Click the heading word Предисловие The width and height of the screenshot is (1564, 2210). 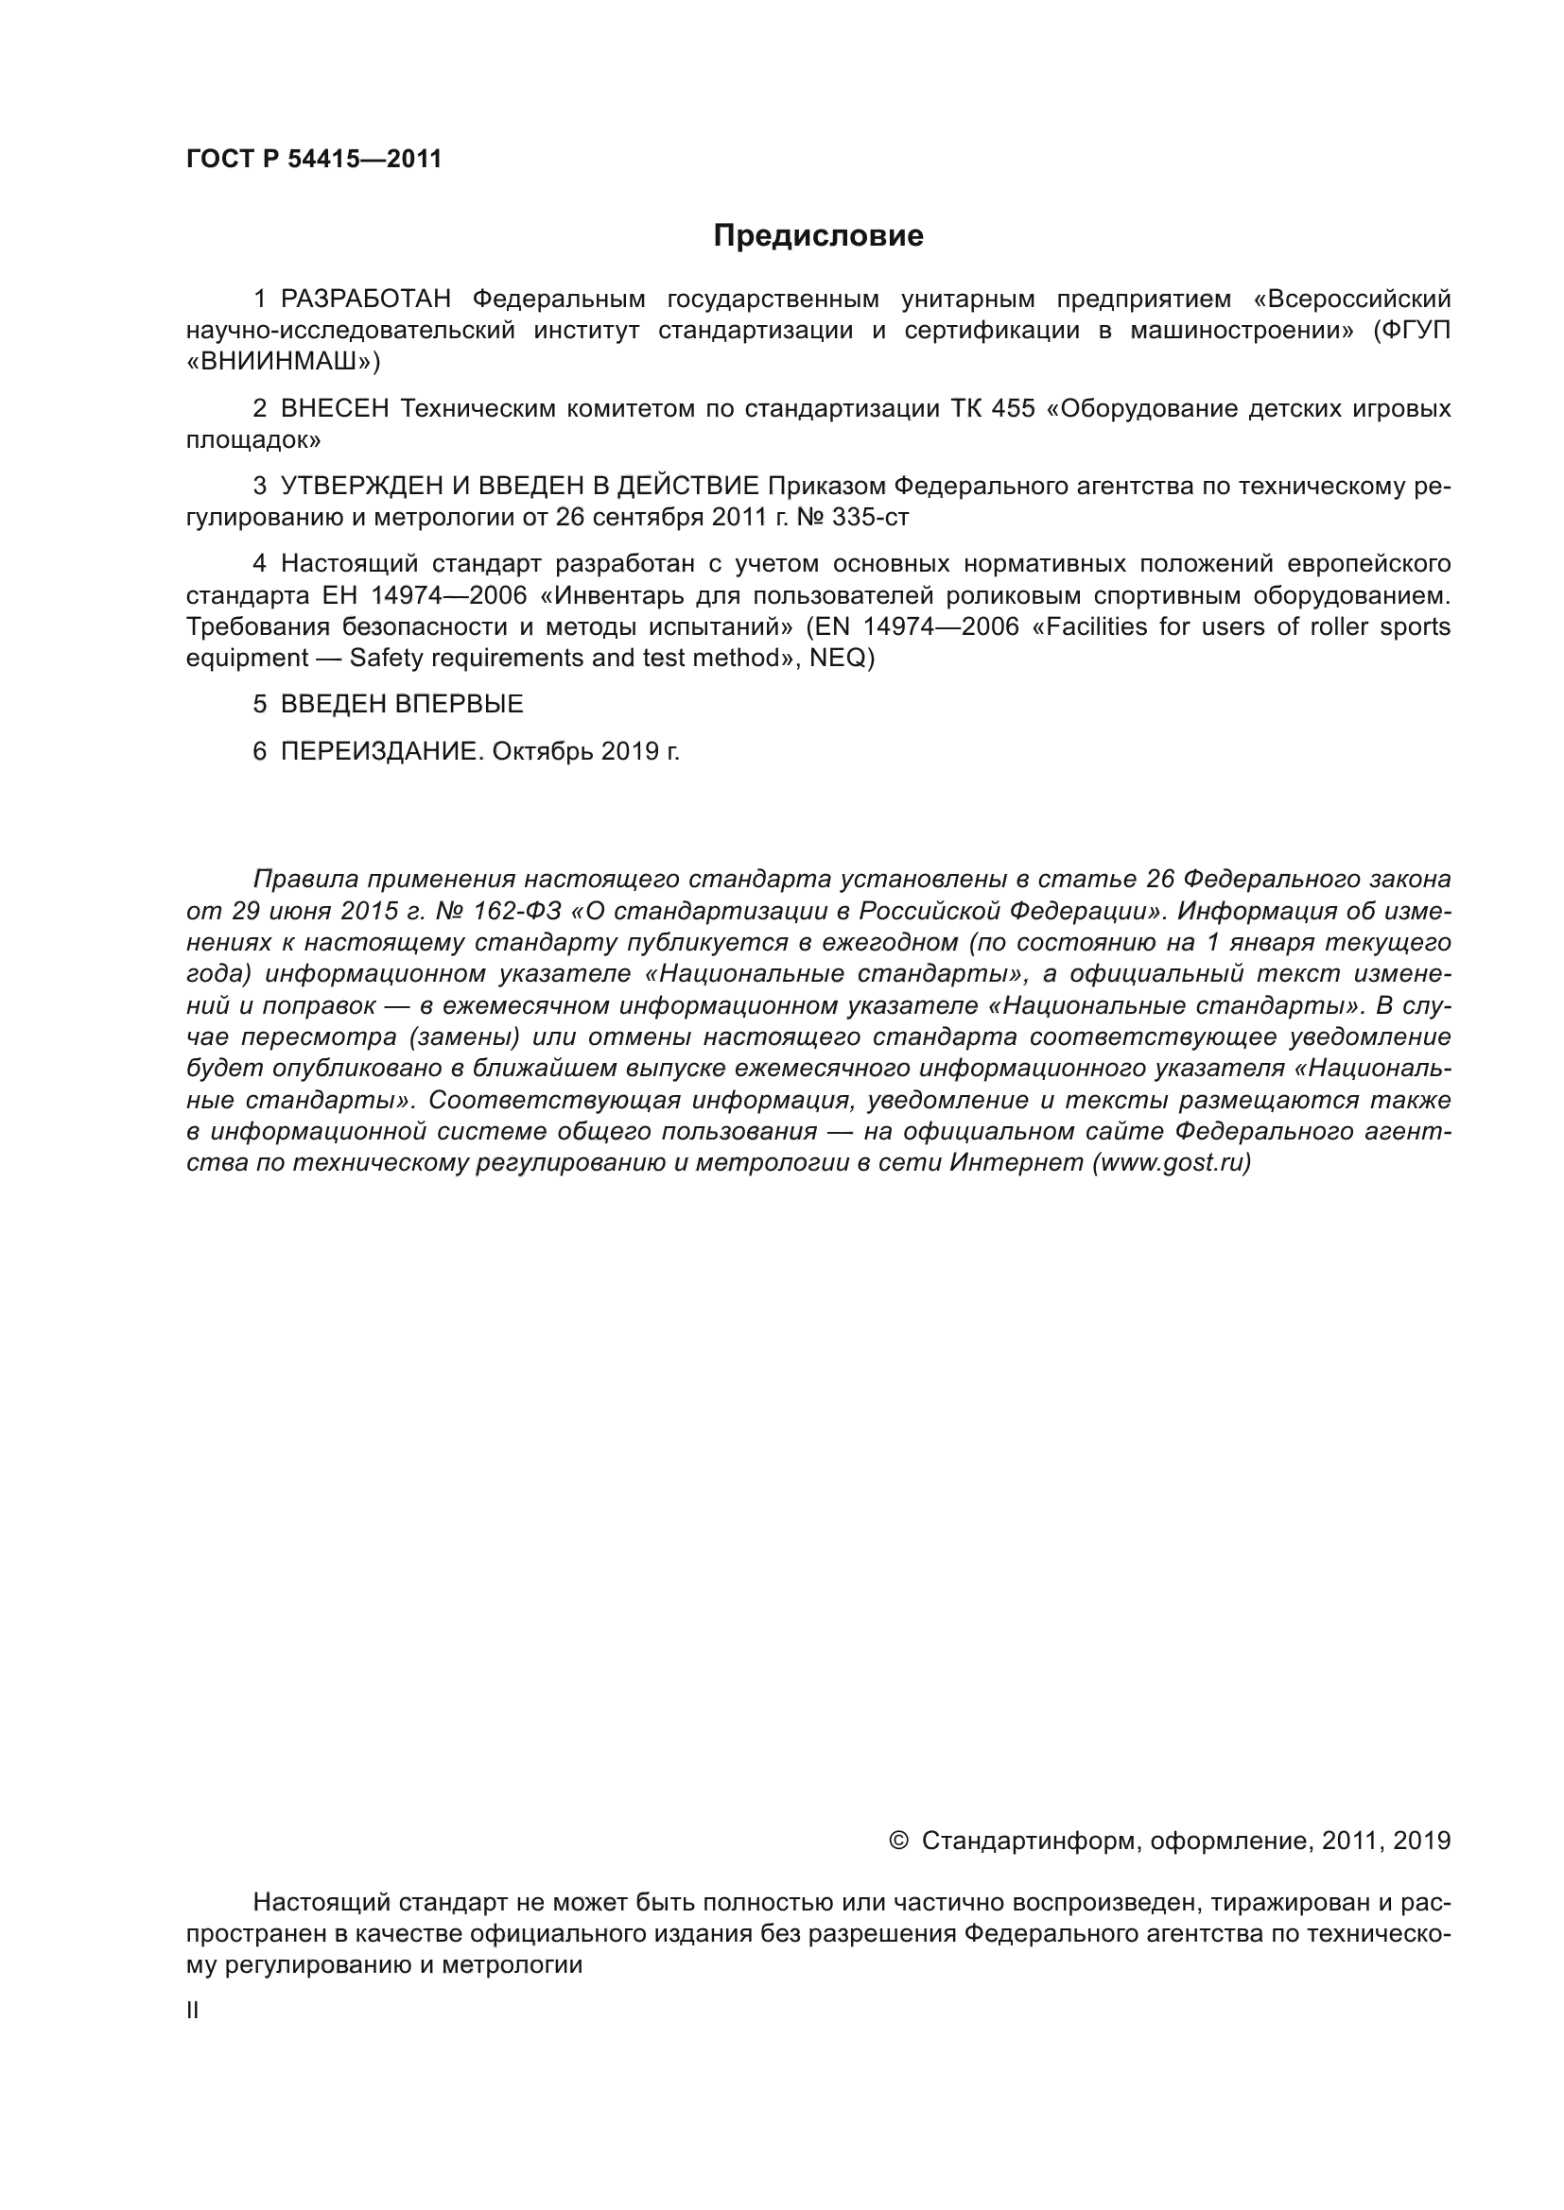click(818, 236)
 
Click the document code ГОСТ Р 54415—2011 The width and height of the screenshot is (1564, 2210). click(314, 159)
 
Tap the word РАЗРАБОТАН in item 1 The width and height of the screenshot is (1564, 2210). click(366, 300)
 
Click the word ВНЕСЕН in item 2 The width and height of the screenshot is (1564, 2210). click(335, 409)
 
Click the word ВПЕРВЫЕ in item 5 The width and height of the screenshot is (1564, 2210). click(460, 704)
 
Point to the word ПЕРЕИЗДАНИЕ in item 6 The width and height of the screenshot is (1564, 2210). click(379, 751)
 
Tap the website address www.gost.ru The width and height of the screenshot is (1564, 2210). click(1171, 1163)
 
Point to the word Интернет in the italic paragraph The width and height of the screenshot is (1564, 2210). click(1017, 1163)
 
